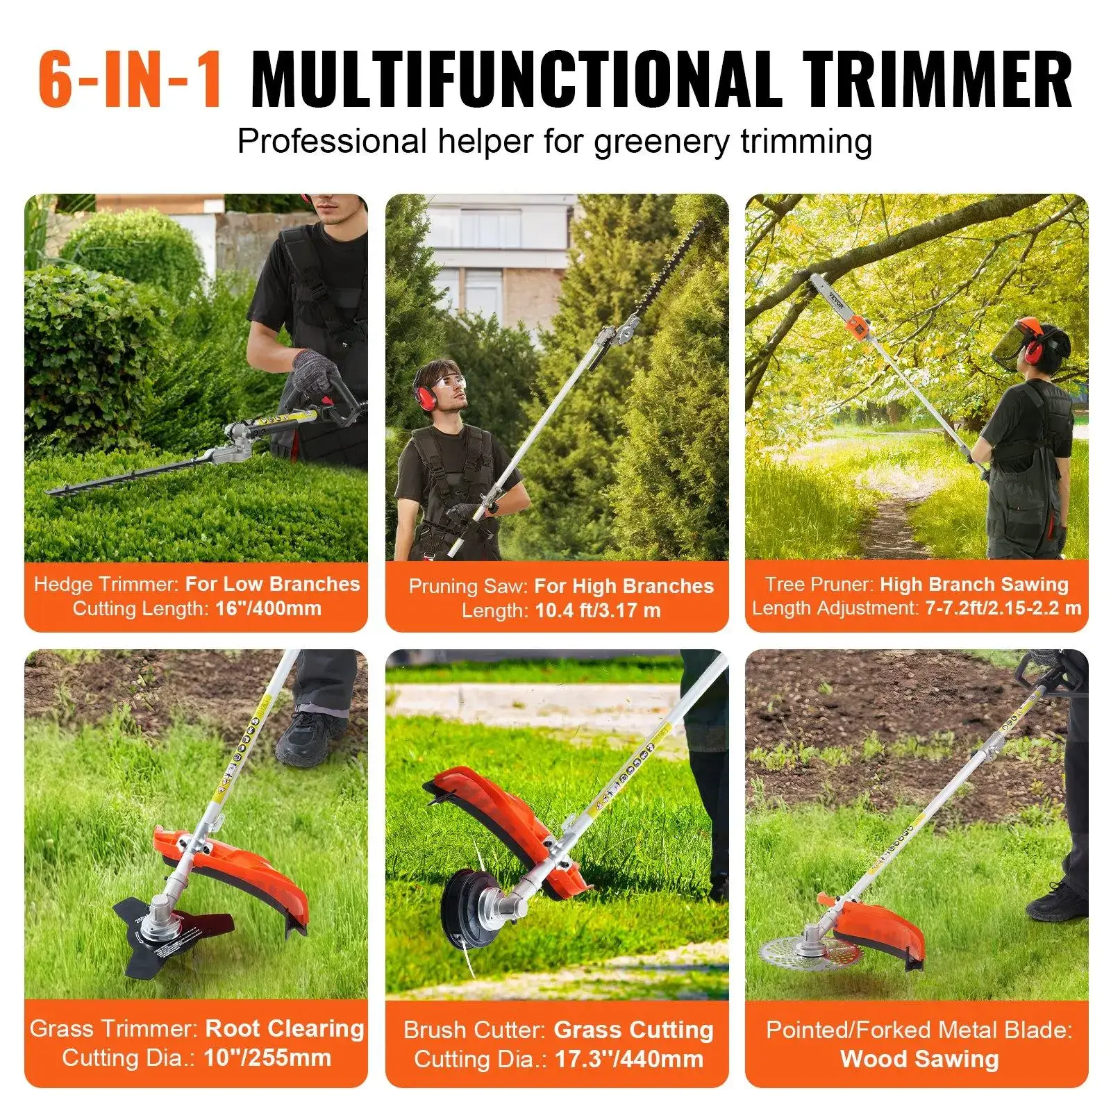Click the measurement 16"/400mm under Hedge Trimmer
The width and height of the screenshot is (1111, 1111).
point(268,609)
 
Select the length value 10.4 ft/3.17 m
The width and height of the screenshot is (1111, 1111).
point(598,611)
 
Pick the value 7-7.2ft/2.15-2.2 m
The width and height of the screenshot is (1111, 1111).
point(1003,608)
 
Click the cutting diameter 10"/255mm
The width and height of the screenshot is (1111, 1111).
point(267,1058)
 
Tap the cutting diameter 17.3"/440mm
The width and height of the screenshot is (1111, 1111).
point(628,1060)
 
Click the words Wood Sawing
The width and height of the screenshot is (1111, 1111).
point(919,1059)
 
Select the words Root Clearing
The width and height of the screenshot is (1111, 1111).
point(285,1028)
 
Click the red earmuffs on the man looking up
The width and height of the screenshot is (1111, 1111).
point(424,394)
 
